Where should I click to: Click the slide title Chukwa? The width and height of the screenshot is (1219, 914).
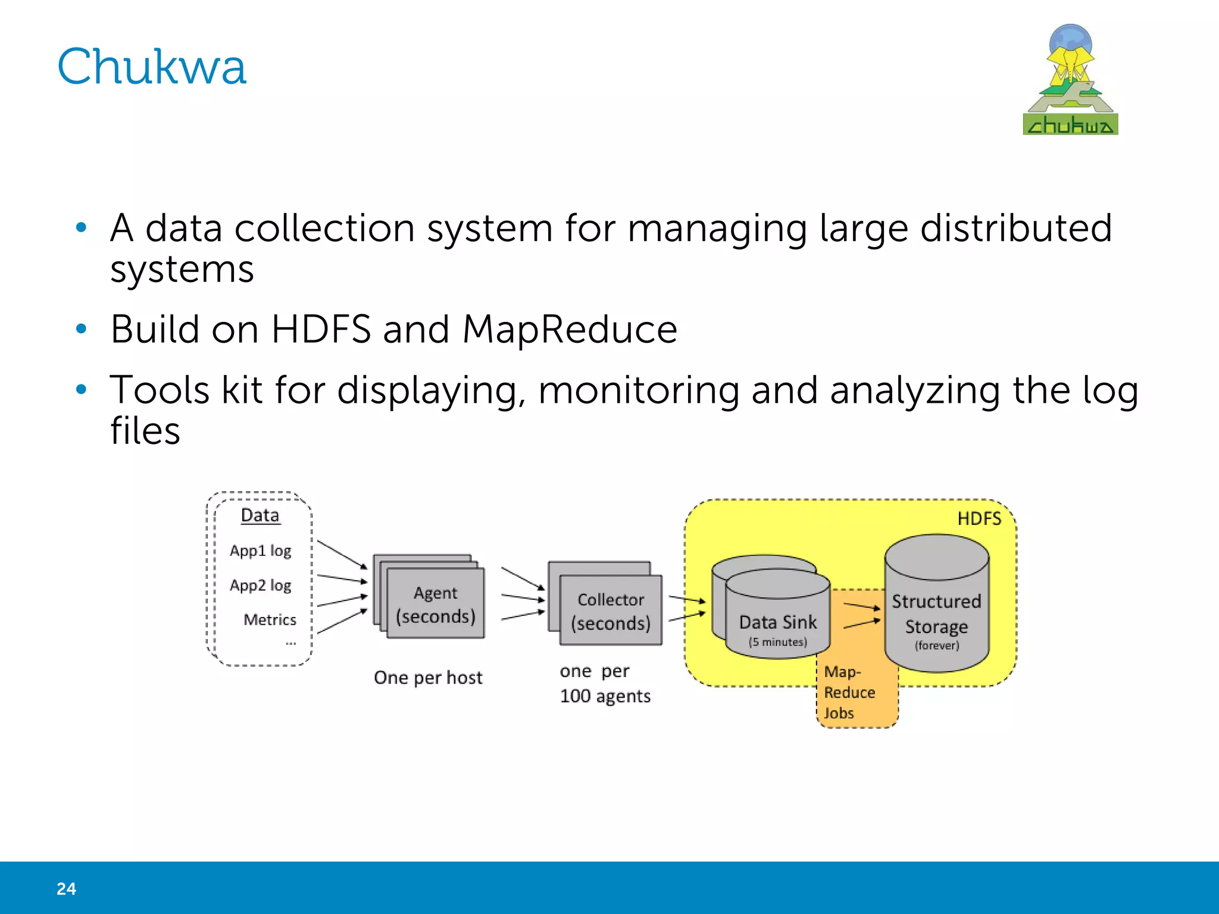tap(152, 67)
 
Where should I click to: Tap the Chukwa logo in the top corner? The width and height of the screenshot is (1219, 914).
tap(1070, 80)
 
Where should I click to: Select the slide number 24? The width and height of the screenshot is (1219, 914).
tap(66, 888)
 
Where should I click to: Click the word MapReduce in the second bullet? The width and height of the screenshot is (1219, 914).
tap(570, 329)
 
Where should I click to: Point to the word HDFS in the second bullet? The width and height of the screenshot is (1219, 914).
tap(321, 329)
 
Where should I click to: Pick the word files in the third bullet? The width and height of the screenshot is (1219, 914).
tap(145, 431)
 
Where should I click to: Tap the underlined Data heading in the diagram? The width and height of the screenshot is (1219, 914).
tap(260, 515)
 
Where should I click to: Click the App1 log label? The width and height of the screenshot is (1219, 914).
tap(261, 551)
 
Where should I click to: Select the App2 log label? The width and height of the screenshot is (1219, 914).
tap(261, 586)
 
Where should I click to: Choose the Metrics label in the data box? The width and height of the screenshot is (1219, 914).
tap(270, 620)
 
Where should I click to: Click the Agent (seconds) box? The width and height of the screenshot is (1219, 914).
tap(436, 604)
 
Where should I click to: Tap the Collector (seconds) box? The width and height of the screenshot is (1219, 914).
tap(611, 611)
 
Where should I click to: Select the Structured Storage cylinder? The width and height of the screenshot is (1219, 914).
tap(936, 613)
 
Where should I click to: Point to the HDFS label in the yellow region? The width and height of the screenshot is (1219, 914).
tap(979, 519)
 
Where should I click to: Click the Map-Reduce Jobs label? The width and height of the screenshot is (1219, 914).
tap(849, 693)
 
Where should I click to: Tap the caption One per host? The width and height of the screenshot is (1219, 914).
tap(428, 678)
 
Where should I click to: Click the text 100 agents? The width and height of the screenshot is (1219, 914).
tap(605, 696)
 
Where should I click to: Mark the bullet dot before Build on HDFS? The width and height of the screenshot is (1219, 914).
tap(82, 329)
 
